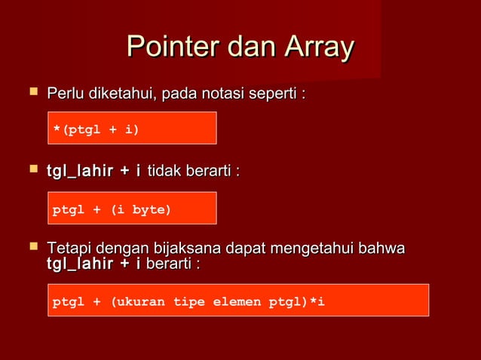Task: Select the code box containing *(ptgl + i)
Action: click(132, 128)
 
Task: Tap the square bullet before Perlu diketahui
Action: click(32, 93)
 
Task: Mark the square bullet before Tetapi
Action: click(32, 247)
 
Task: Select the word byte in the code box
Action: click(149, 209)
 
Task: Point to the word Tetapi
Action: click(66, 249)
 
